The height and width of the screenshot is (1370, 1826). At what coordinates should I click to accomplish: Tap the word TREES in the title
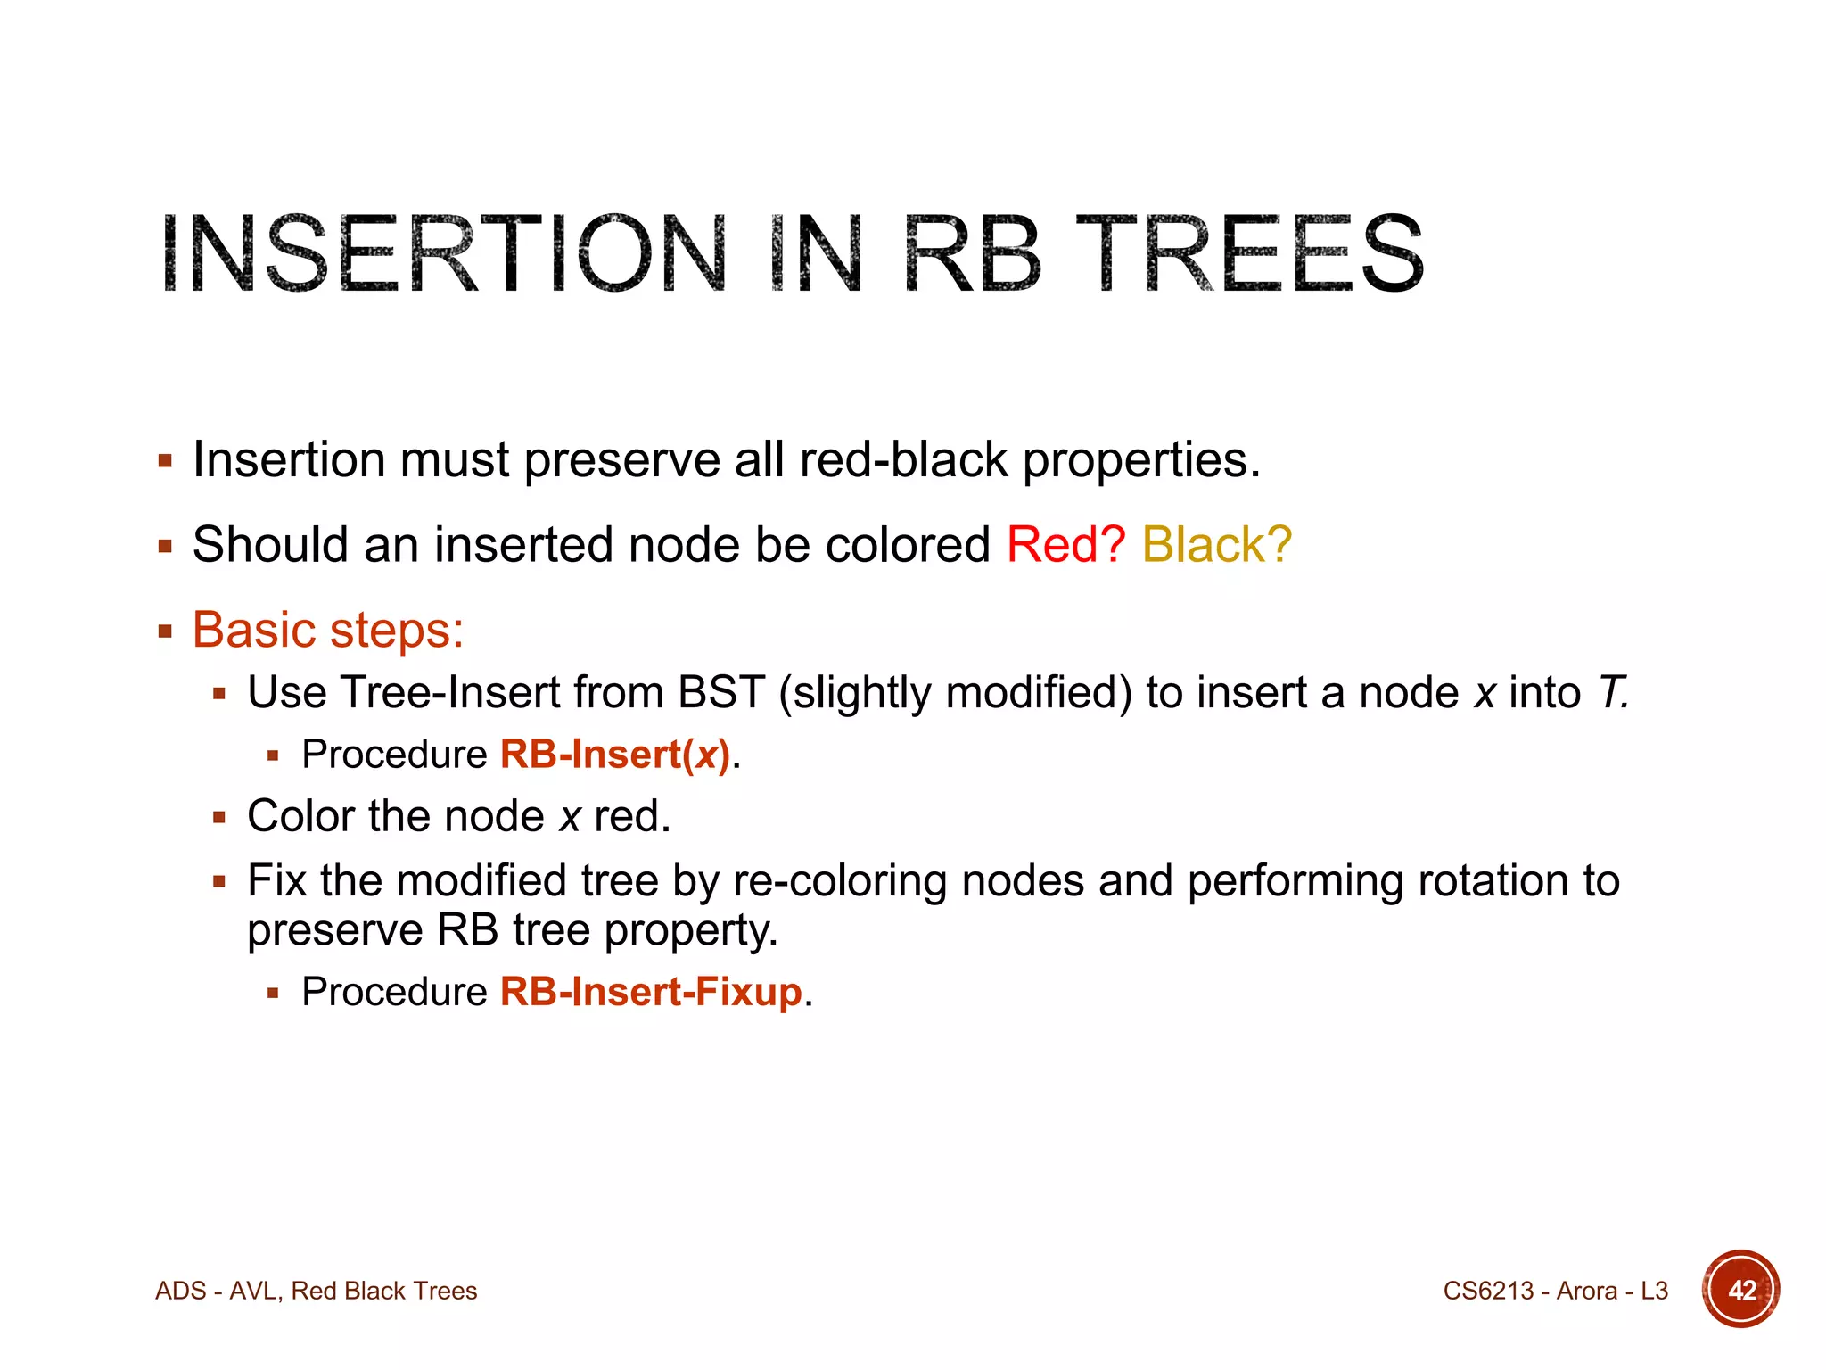[x=1250, y=254]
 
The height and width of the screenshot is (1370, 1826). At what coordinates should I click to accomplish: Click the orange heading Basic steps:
[x=328, y=630]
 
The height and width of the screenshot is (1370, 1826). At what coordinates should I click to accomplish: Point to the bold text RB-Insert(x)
[x=615, y=755]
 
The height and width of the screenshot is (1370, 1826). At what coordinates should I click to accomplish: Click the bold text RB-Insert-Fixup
[x=651, y=992]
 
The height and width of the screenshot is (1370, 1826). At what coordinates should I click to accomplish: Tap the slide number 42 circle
[x=1740, y=1290]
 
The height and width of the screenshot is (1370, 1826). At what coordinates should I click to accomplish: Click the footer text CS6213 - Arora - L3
[x=1555, y=1291]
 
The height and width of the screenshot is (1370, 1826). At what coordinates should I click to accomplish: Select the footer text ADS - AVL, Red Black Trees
[x=317, y=1291]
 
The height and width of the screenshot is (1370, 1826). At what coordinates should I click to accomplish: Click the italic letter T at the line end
[x=1610, y=693]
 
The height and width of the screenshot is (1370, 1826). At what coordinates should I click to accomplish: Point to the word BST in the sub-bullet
[x=720, y=693]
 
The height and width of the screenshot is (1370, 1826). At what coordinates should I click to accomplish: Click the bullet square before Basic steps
[x=165, y=632]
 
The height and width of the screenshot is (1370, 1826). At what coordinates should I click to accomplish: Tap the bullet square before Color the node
[x=219, y=817]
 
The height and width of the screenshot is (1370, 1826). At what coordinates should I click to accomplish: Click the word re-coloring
[x=840, y=881]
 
